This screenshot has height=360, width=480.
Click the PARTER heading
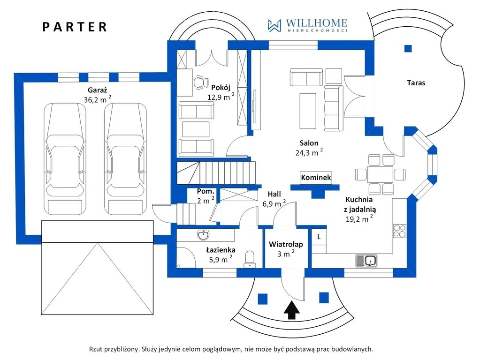pyautogui.click(x=75, y=27)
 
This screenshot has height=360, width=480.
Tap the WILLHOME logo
pyautogui.click(x=307, y=25)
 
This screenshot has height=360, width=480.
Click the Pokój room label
pyautogui.click(x=220, y=87)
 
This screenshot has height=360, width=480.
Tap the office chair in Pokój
pyautogui.click(x=202, y=82)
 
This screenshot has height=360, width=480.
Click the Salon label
pyautogui.click(x=309, y=143)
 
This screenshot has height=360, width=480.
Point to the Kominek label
pyautogui.click(x=316, y=178)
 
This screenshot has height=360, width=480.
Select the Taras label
pyautogui.click(x=416, y=83)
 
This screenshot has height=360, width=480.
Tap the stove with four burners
pyautogui.click(x=400, y=230)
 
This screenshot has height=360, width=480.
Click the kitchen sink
pyautogui.click(x=367, y=260)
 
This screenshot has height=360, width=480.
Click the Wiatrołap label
pyautogui.click(x=286, y=244)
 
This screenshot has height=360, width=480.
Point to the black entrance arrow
pyautogui.click(x=292, y=310)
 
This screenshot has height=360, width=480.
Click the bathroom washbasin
pyautogui.click(x=204, y=233)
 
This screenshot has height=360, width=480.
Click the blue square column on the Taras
pyautogui.click(x=408, y=48)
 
